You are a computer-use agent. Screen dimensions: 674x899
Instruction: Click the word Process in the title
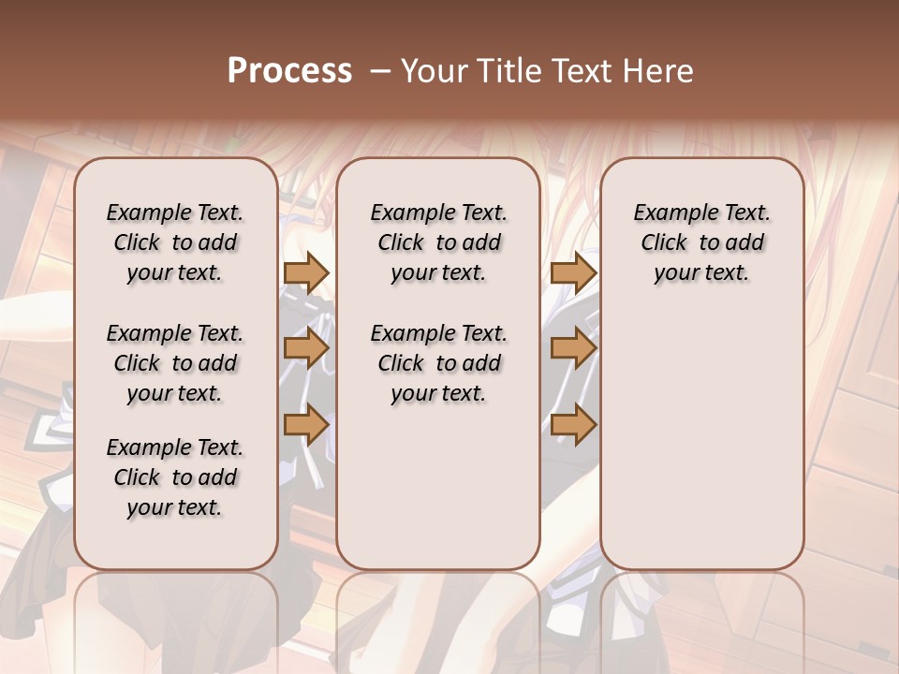[x=289, y=71]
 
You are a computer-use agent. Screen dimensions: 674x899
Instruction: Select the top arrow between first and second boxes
[x=306, y=272]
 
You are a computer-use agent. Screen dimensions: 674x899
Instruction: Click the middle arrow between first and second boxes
[x=306, y=348]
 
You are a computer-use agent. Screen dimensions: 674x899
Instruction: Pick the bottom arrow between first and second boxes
[x=306, y=425]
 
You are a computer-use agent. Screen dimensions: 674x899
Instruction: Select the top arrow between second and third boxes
[x=573, y=272]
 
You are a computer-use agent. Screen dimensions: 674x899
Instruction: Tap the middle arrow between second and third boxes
[x=573, y=348]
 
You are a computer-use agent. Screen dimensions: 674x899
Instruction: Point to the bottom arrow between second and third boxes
[x=573, y=425]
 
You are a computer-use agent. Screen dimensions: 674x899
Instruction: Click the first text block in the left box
[x=175, y=242]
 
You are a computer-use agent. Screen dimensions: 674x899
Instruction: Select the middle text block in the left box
[x=175, y=363]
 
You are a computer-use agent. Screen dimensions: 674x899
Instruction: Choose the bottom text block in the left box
[x=175, y=477]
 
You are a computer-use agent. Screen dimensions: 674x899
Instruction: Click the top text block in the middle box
[x=438, y=242]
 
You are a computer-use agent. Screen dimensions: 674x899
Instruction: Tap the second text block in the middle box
[x=438, y=363]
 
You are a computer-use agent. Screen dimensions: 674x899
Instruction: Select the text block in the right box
[x=702, y=242]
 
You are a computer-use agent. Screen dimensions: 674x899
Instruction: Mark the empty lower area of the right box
[x=702, y=440]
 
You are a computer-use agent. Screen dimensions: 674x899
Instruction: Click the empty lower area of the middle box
[x=438, y=487]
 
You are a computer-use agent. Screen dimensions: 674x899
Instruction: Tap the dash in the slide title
[x=378, y=71]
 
